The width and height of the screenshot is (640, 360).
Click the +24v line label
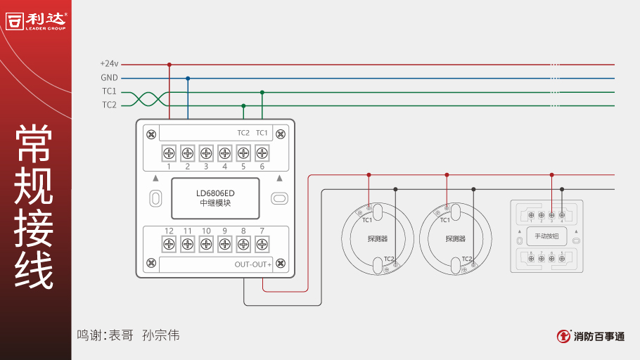pos(109,64)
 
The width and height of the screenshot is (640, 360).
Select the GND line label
pos(109,78)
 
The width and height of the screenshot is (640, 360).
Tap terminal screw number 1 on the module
pos(169,153)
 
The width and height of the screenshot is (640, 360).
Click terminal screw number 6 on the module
pos(262,153)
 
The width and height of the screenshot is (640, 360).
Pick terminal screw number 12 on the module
pos(169,244)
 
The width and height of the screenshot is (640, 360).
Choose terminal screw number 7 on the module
pos(262,244)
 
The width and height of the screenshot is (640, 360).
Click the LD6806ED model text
pos(215,193)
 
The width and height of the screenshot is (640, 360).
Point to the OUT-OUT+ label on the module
pos(252,264)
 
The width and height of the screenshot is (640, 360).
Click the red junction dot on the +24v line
pos(169,65)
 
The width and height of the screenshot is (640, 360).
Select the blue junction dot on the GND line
pos(188,78)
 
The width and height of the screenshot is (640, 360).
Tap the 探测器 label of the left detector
pos(378,239)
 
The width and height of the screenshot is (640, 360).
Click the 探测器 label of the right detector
pos(456,239)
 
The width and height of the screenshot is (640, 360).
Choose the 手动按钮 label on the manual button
pos(546,236)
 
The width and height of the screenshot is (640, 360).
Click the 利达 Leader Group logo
pos(36,20)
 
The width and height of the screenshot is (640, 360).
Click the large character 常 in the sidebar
pos(34,143)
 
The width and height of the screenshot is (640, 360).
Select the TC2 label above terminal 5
pos(243,133)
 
